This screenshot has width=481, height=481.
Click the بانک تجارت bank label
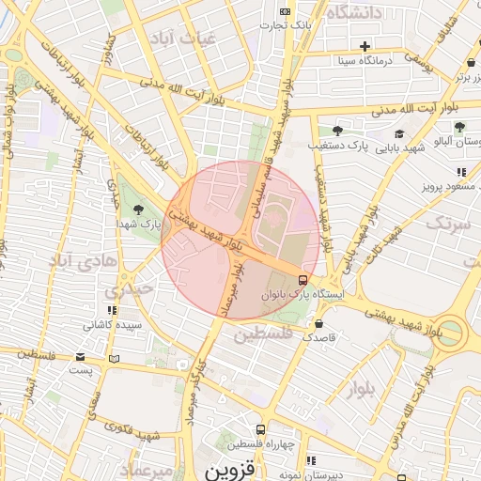click(287, 23)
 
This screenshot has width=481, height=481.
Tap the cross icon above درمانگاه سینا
click(365, 46)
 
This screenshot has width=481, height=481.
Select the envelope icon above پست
click(81, 357)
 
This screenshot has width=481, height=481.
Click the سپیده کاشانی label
click(113, 325)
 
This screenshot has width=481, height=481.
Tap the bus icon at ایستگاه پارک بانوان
click(302, 280)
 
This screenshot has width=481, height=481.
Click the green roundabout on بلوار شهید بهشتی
click(451, 333)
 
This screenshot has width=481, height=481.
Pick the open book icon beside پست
click(115, 358)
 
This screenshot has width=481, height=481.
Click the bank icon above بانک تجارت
click(285, 9)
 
